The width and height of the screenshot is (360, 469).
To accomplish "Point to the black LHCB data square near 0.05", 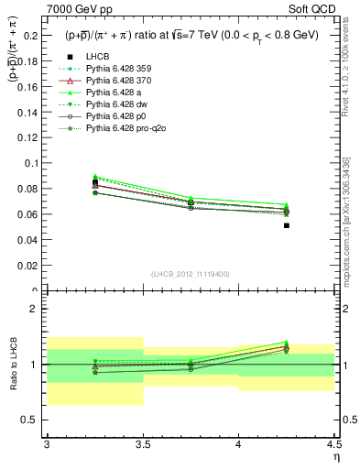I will pos(287,225).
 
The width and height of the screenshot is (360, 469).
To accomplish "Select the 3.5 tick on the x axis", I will pos(143,444).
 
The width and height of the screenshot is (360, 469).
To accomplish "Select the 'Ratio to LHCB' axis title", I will pos(14,365).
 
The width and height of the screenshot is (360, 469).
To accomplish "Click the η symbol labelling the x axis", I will pos(335,457).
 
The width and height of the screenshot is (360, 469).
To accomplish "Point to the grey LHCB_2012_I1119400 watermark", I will pos(191,273).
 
